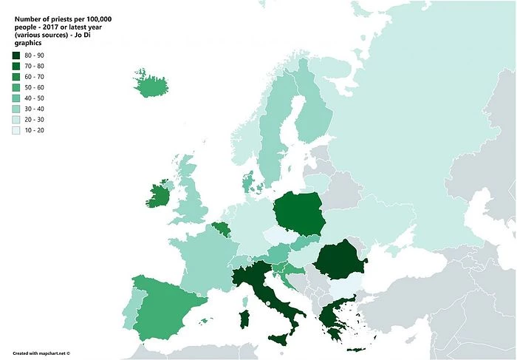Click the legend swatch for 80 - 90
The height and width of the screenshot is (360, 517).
(x=16, y=55)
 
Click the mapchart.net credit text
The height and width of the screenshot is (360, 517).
(x=41, y=353)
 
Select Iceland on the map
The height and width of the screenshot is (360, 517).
(x=149, y=84)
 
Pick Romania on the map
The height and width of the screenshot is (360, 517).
(x=340, y=260)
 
